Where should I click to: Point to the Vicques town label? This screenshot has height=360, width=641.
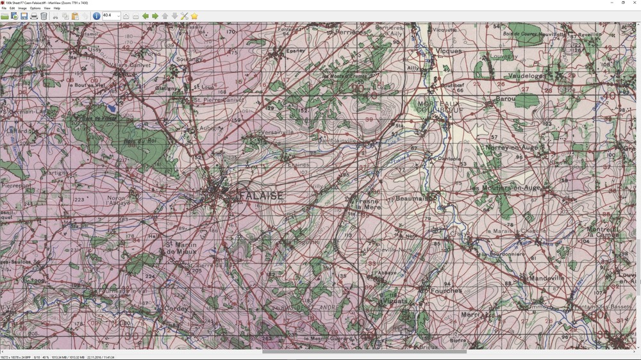pos(448,51)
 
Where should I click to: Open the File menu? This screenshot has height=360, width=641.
pos(4,8)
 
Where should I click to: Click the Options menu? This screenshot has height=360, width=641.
pos(35,8)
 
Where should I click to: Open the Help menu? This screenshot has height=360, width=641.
pos(56,8)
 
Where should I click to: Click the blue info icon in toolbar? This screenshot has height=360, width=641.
pos(96,16)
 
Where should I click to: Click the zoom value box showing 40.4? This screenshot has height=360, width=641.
pos(110,16)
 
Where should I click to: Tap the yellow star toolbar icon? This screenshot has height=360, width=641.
pos(194,16)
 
